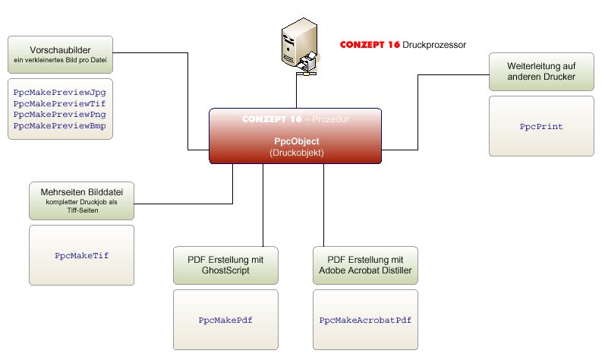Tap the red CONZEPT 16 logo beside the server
[x=370, y=45]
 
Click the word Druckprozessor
[x=434, y=45]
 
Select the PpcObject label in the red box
[x=296, y=141]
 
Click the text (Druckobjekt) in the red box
[x=296, y=152]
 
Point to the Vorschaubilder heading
[x=60, y=49]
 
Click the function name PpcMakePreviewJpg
[x=59, y=91]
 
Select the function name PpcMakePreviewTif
[x=59, y=103]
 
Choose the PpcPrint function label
[x=541, y=127]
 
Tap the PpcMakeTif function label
[x=82, y=256]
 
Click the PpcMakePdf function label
[x=225, y=321]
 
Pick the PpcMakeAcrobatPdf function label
[x=366, y=321]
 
